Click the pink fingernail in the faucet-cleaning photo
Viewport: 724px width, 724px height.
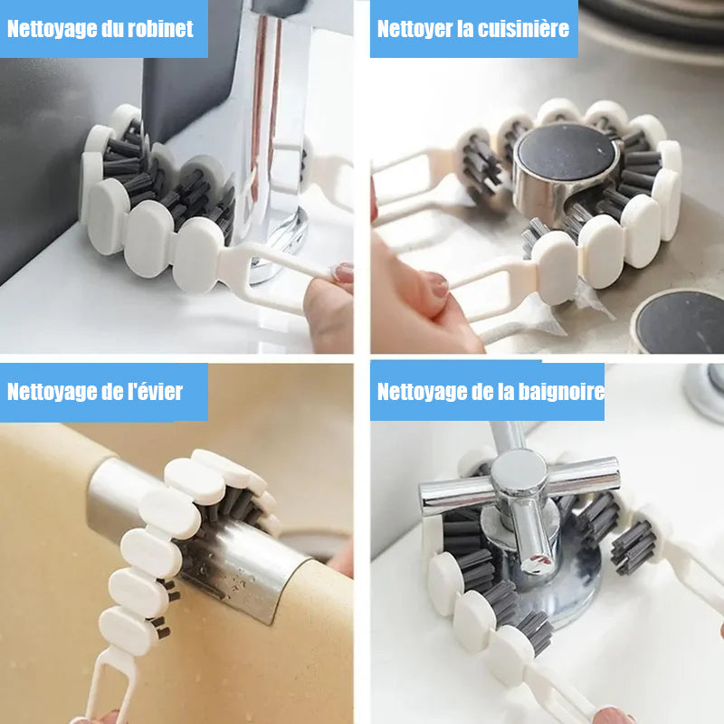[x=344, y=272]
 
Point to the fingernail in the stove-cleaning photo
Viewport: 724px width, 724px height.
[x=437, y=286]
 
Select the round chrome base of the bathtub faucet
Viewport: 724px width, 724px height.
[x=561, y=588]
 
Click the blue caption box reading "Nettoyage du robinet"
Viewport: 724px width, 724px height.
[x=103, y=29]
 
